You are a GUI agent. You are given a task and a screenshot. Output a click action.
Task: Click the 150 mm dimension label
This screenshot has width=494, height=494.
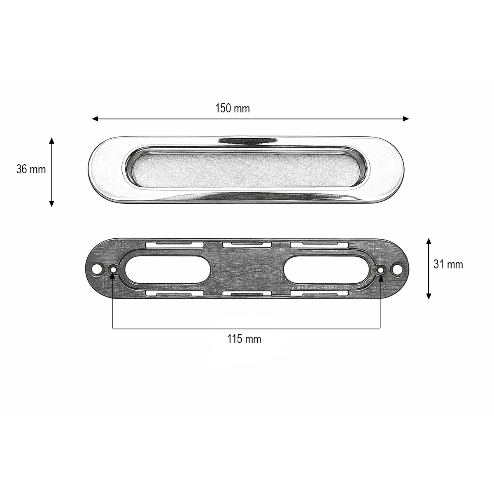click(x=233, y=109)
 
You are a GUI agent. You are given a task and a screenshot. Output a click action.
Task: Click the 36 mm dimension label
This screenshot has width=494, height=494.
click(x=31, y=169)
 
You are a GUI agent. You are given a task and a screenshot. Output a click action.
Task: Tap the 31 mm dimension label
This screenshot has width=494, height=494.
click(x=448, y=264)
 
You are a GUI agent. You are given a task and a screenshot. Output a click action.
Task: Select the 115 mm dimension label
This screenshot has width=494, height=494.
click(x=244, y=339)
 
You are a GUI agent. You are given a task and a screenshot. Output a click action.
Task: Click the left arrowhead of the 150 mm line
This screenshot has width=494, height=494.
click(x=95, y=119)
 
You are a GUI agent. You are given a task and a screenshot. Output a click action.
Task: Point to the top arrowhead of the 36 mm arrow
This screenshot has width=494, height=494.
click(x=51, y=140)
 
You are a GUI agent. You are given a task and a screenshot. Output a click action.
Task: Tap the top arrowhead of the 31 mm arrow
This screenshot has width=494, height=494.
click(x=429, y=240)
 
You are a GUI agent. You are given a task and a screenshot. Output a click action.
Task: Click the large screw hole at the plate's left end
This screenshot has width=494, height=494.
click(x=97, y=270)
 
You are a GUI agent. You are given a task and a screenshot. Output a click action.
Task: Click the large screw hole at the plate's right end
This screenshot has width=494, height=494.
click(x=397, y=270)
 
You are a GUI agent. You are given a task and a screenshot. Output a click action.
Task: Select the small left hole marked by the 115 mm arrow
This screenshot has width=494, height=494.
click(x=112, y=270)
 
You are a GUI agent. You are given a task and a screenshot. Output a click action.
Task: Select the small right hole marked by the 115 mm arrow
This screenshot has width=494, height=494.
click(x=381, y=270)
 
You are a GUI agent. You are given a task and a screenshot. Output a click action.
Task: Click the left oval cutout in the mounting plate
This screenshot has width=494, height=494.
click(x=167, y=270)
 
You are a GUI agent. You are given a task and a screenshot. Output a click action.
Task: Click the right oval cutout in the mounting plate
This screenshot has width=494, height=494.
click(x=326, y=270)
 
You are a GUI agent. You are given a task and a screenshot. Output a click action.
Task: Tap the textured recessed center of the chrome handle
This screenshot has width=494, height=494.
click(x=247, y=169)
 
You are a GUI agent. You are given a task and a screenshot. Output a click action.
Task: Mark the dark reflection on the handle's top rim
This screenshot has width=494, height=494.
click(x=247, y=141)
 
